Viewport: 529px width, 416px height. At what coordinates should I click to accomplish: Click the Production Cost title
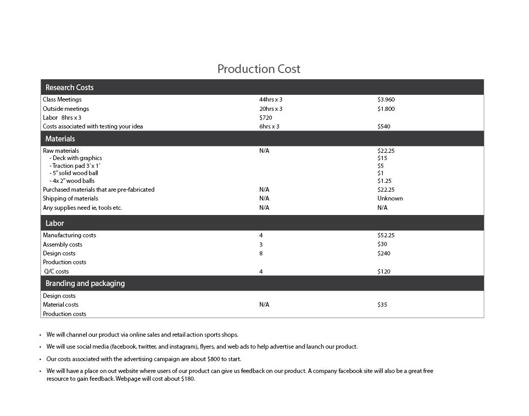pyautogui.click(x=259, y=69)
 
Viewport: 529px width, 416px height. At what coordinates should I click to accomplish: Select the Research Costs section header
pyautogui.click(x=69, y=88)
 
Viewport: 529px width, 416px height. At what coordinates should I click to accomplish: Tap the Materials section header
pyautogui.click(x=60, y=139)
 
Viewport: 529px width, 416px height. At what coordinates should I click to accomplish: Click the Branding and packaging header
pyautogui.click(x=85, y=283)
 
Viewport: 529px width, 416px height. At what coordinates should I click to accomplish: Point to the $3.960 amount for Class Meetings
pyautogui.click(x=386, y=99)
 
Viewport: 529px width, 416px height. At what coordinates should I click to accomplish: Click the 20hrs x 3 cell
pyautogui.click(x=271, y=109)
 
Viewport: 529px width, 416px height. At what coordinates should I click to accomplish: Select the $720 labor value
pyautogui.click(x=266, y=118)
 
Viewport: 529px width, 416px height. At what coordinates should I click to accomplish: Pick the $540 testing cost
pyautogui.click(x=384, y=126)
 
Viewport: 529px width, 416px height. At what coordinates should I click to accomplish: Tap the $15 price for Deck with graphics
pyautogui.click(x=382, y=158)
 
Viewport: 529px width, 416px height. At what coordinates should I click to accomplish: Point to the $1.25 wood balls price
pyautogui.click(x=384, y=181)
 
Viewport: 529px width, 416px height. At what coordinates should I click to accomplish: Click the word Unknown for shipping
pyautogui.click(x=390, y=198)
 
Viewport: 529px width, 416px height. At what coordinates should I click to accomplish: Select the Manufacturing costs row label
pyautogui.click(x=69, y=235)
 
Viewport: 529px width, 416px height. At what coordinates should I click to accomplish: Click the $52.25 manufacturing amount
pyautogui.click(x=386, y=235)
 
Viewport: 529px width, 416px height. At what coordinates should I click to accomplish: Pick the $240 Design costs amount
pyautogui.click(x=384, y=253)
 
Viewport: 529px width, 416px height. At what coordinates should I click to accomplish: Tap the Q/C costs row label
pyautogui.click(x=56, y=271)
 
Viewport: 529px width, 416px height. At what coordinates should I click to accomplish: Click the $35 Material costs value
pyautogui.click(x=382, y=305)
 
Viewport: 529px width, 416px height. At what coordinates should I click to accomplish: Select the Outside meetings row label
pyautogui.click(x=66, y=109)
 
